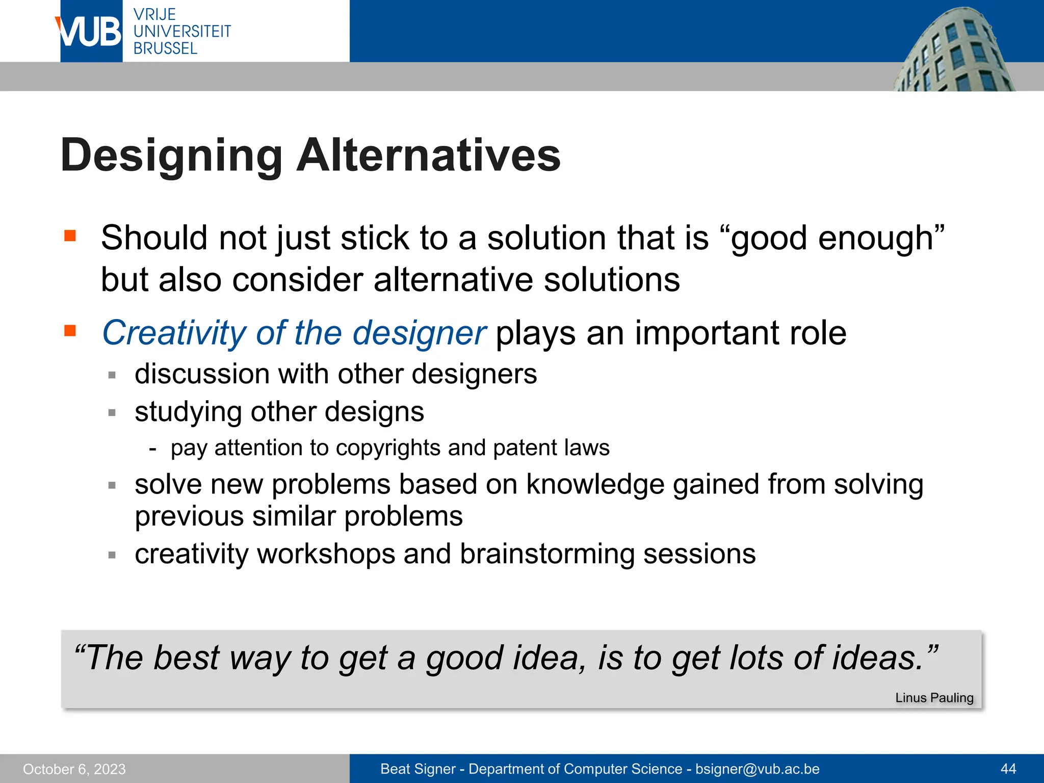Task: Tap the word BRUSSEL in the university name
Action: (165, 48)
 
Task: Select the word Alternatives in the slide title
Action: (428, 155)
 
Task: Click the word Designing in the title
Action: (171, 155)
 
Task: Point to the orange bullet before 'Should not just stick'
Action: (70, 236)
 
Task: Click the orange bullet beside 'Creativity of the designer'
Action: (70, 331)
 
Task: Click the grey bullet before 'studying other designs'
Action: (112, 412)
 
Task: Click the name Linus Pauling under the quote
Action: (934, 697)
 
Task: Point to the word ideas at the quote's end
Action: (877, 658)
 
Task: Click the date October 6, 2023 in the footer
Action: (74, 769)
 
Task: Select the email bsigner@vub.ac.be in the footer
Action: (758, 769)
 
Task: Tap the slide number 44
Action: (1008, 769)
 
